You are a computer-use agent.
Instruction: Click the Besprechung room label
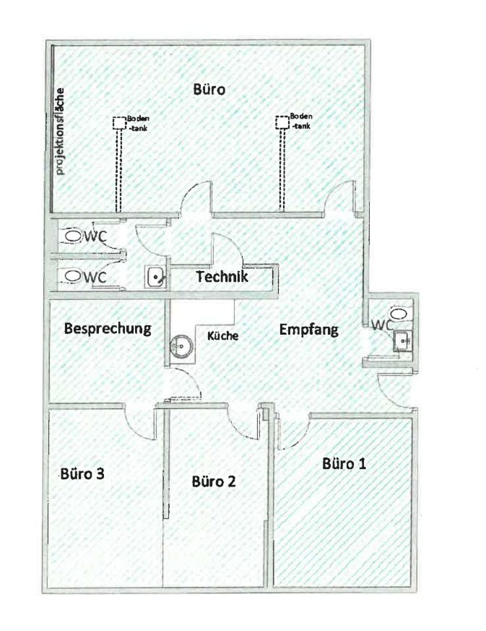(x=107, y=329)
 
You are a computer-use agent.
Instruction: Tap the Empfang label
(x=308, y=329)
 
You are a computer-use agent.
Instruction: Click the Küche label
(x=223, y=336)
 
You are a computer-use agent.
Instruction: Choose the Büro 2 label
(x=214, y=482)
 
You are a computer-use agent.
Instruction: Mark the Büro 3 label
(x=82, y=474)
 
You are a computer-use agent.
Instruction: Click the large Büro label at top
(x=209, y=90)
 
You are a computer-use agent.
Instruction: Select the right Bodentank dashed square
(x=282, y=123)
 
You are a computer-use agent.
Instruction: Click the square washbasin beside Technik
(x=156, y=277)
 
